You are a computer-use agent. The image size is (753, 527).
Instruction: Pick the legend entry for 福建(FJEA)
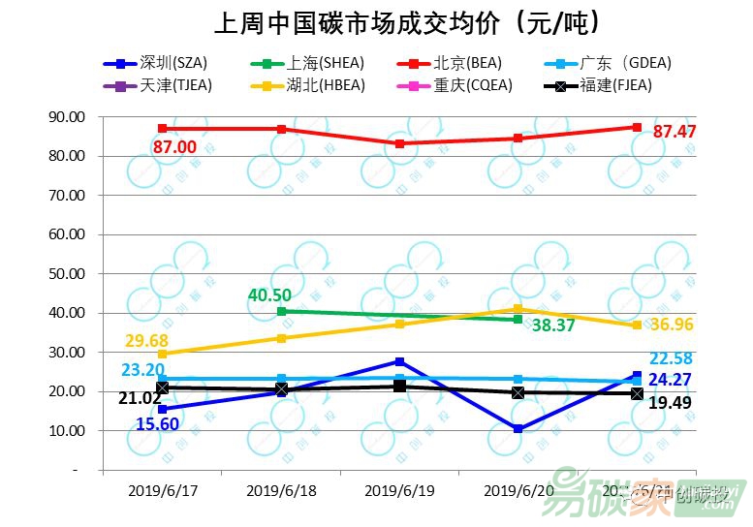pos(615,85)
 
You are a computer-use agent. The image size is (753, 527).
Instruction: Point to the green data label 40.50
pos(269,294)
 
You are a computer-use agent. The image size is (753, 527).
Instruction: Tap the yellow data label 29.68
pos(146,340)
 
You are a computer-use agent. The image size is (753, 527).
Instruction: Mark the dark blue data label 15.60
pos(158,423)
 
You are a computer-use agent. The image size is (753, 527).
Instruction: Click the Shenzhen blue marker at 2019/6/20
pos(518,428)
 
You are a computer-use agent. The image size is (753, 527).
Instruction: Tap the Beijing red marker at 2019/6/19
pos(399,143)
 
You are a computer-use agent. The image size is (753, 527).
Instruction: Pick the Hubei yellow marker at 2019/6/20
pos(518,309)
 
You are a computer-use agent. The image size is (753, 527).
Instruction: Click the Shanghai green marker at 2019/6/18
pos(281,311)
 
